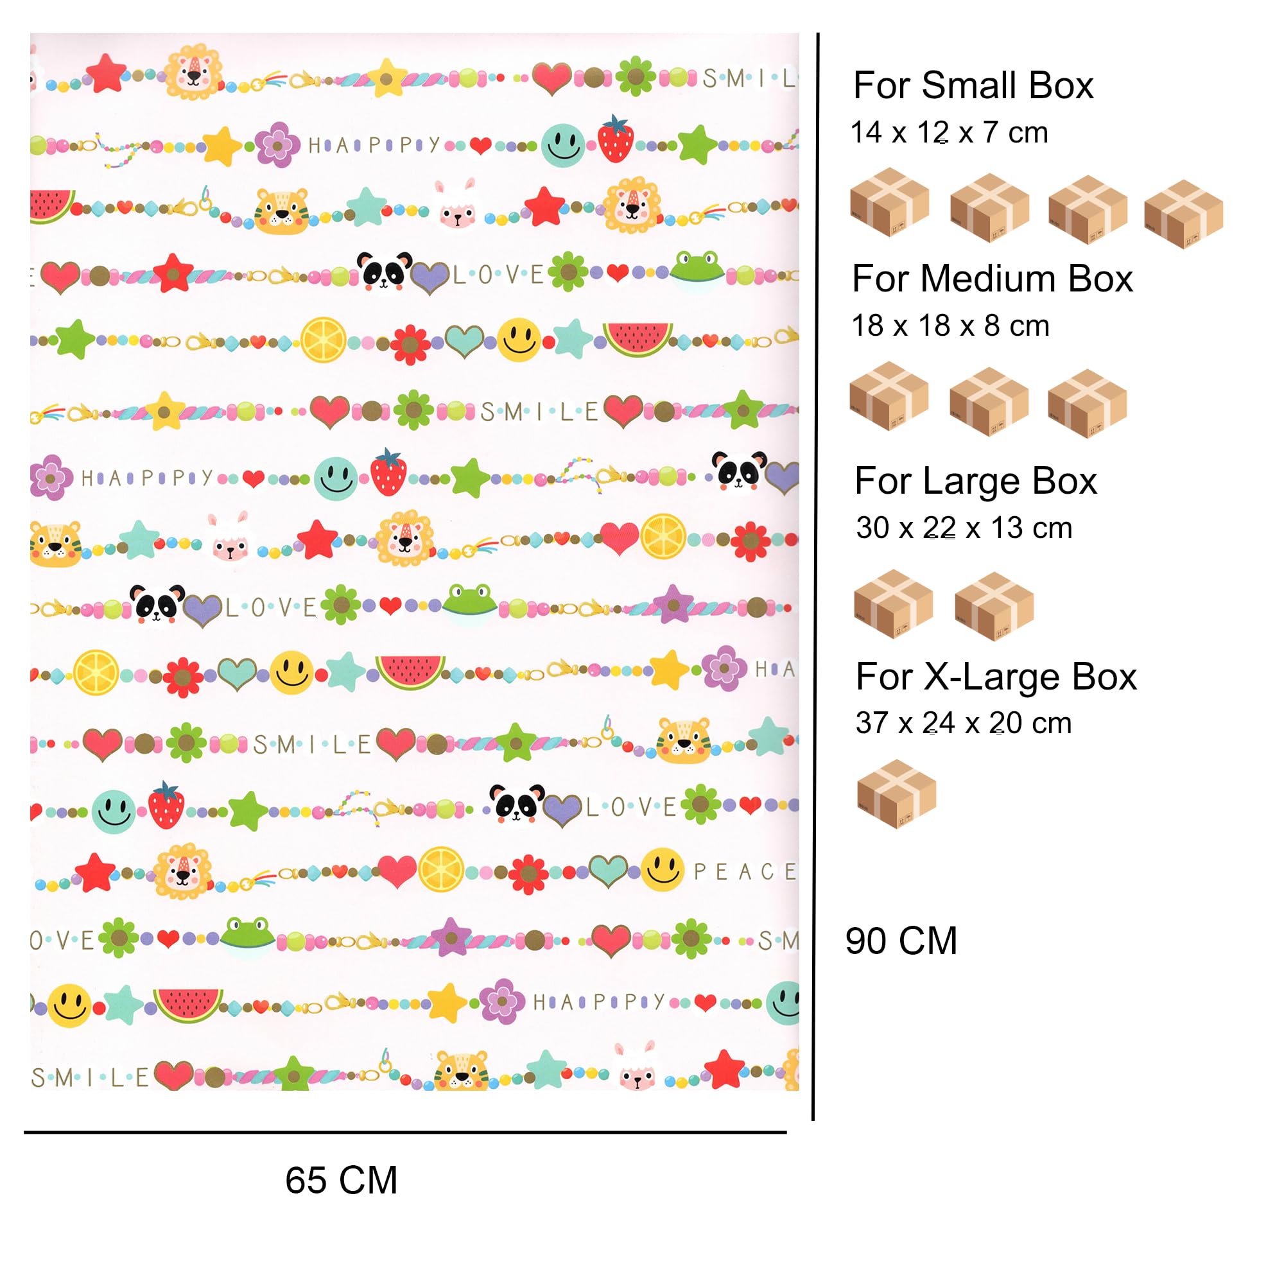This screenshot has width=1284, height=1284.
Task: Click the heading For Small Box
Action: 973,86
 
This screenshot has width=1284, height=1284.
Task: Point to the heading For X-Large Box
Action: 996,677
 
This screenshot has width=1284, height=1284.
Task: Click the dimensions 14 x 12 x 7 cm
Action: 950,132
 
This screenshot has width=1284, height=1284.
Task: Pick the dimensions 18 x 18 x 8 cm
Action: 950,325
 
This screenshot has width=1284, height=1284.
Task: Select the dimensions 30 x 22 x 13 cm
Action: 964,528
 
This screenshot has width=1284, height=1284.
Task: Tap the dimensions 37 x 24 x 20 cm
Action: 964,722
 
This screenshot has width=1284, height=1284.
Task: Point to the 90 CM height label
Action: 901,941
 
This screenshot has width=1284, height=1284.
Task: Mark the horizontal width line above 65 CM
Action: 405,1132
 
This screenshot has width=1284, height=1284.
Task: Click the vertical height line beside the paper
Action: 815,577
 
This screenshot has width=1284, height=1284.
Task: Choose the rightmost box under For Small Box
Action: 1184,214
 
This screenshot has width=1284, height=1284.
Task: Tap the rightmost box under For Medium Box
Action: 1088,403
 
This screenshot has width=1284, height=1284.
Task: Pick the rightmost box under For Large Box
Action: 994,606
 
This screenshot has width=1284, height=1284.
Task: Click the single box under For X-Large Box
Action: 896,794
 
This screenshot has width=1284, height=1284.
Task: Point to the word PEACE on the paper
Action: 744,871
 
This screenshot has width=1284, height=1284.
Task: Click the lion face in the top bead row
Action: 193,72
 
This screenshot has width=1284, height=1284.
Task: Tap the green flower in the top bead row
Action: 636,76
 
